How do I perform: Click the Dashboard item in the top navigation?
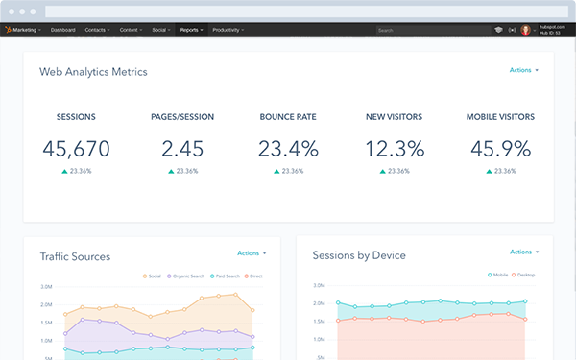[63, 31]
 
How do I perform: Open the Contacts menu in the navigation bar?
[96, 31]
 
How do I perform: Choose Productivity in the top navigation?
[228, 31]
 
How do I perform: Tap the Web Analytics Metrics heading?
[93, 72]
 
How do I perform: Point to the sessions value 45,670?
[76, 149]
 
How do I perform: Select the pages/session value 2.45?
[182, 149]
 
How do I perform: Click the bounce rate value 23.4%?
[288, 149]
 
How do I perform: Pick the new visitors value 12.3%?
[395, 149]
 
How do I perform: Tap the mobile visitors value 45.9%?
[500, 149]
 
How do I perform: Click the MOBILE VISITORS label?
[500, 117]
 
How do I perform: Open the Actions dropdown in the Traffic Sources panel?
[251, 253]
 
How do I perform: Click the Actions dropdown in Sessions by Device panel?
[523, 252]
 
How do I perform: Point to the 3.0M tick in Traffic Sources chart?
[46, 287]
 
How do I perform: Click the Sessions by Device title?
[359, 255]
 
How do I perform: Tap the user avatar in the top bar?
[526, 31]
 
